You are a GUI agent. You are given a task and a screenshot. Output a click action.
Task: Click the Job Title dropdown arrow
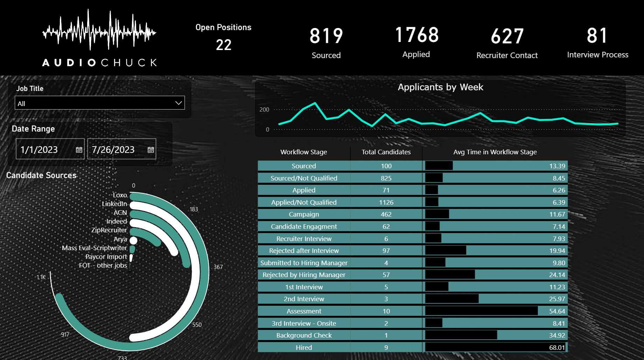point(178,103)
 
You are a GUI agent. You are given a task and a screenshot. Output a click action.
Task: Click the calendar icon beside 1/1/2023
point(79,150)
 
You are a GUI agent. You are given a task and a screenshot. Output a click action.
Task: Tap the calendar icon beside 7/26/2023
point(151,150)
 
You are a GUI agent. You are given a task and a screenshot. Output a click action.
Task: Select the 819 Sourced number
point(326,36)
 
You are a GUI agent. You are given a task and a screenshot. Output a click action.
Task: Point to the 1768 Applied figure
point(416,35)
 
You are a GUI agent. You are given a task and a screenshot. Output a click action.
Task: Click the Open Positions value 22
point(224,45)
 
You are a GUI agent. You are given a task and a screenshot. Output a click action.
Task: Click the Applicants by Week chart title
point(440,87)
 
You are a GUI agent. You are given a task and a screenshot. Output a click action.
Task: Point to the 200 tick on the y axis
point(264,110)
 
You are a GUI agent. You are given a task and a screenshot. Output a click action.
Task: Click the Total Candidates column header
point(386,152)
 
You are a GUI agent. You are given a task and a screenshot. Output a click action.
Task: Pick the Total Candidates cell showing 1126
point(386,202)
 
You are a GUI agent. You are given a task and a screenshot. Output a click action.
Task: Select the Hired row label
point(304,347)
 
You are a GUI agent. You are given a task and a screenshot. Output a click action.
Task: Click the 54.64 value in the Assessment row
point(557,311)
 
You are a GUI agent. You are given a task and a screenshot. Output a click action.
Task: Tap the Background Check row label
point(304,335)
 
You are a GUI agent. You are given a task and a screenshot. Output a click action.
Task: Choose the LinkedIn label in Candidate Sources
point(114,204)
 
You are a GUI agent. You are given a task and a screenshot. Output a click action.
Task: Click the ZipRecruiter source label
point(109,230)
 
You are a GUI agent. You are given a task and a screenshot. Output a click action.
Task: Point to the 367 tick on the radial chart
point(218,267)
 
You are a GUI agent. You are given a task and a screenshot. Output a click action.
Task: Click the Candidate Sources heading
point(41,175)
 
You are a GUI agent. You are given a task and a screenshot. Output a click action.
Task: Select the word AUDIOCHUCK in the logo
point(99,63)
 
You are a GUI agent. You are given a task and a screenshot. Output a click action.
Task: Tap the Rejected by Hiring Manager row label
point(304,275)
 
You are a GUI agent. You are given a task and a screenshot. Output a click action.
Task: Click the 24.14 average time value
point(557,275)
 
